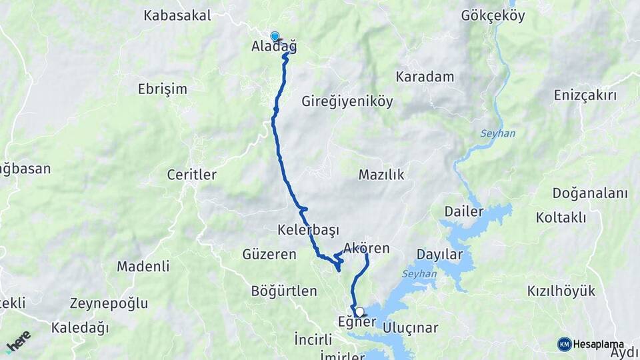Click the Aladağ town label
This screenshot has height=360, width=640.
pos(274,47)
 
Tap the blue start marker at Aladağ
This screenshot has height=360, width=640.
pos(275,36)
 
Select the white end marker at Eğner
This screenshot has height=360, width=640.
pos(360,311)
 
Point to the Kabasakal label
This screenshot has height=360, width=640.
pos(177,15)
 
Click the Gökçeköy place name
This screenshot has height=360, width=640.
pos(493,16)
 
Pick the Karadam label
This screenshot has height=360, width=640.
pos(425,77)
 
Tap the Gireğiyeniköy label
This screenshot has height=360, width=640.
pos(347,102)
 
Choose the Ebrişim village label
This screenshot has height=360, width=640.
pos(163,89)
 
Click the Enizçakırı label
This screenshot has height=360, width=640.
pos(585,95)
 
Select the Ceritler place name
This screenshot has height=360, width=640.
pos(192,175)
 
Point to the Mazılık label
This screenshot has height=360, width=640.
pos(381,175)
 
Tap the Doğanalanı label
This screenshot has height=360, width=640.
pos(590,193)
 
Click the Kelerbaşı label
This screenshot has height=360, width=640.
pos(309,230)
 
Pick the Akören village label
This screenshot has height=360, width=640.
pos(366,249)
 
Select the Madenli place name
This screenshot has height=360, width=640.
pos(143,267)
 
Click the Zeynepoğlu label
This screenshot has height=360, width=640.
pos(109,303)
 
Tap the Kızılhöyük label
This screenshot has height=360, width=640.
pos(561,291)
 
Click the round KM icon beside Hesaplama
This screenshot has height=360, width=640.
pos(565,344)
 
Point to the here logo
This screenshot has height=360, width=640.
pos(18,342)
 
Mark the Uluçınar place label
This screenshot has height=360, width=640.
pos(411,327)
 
